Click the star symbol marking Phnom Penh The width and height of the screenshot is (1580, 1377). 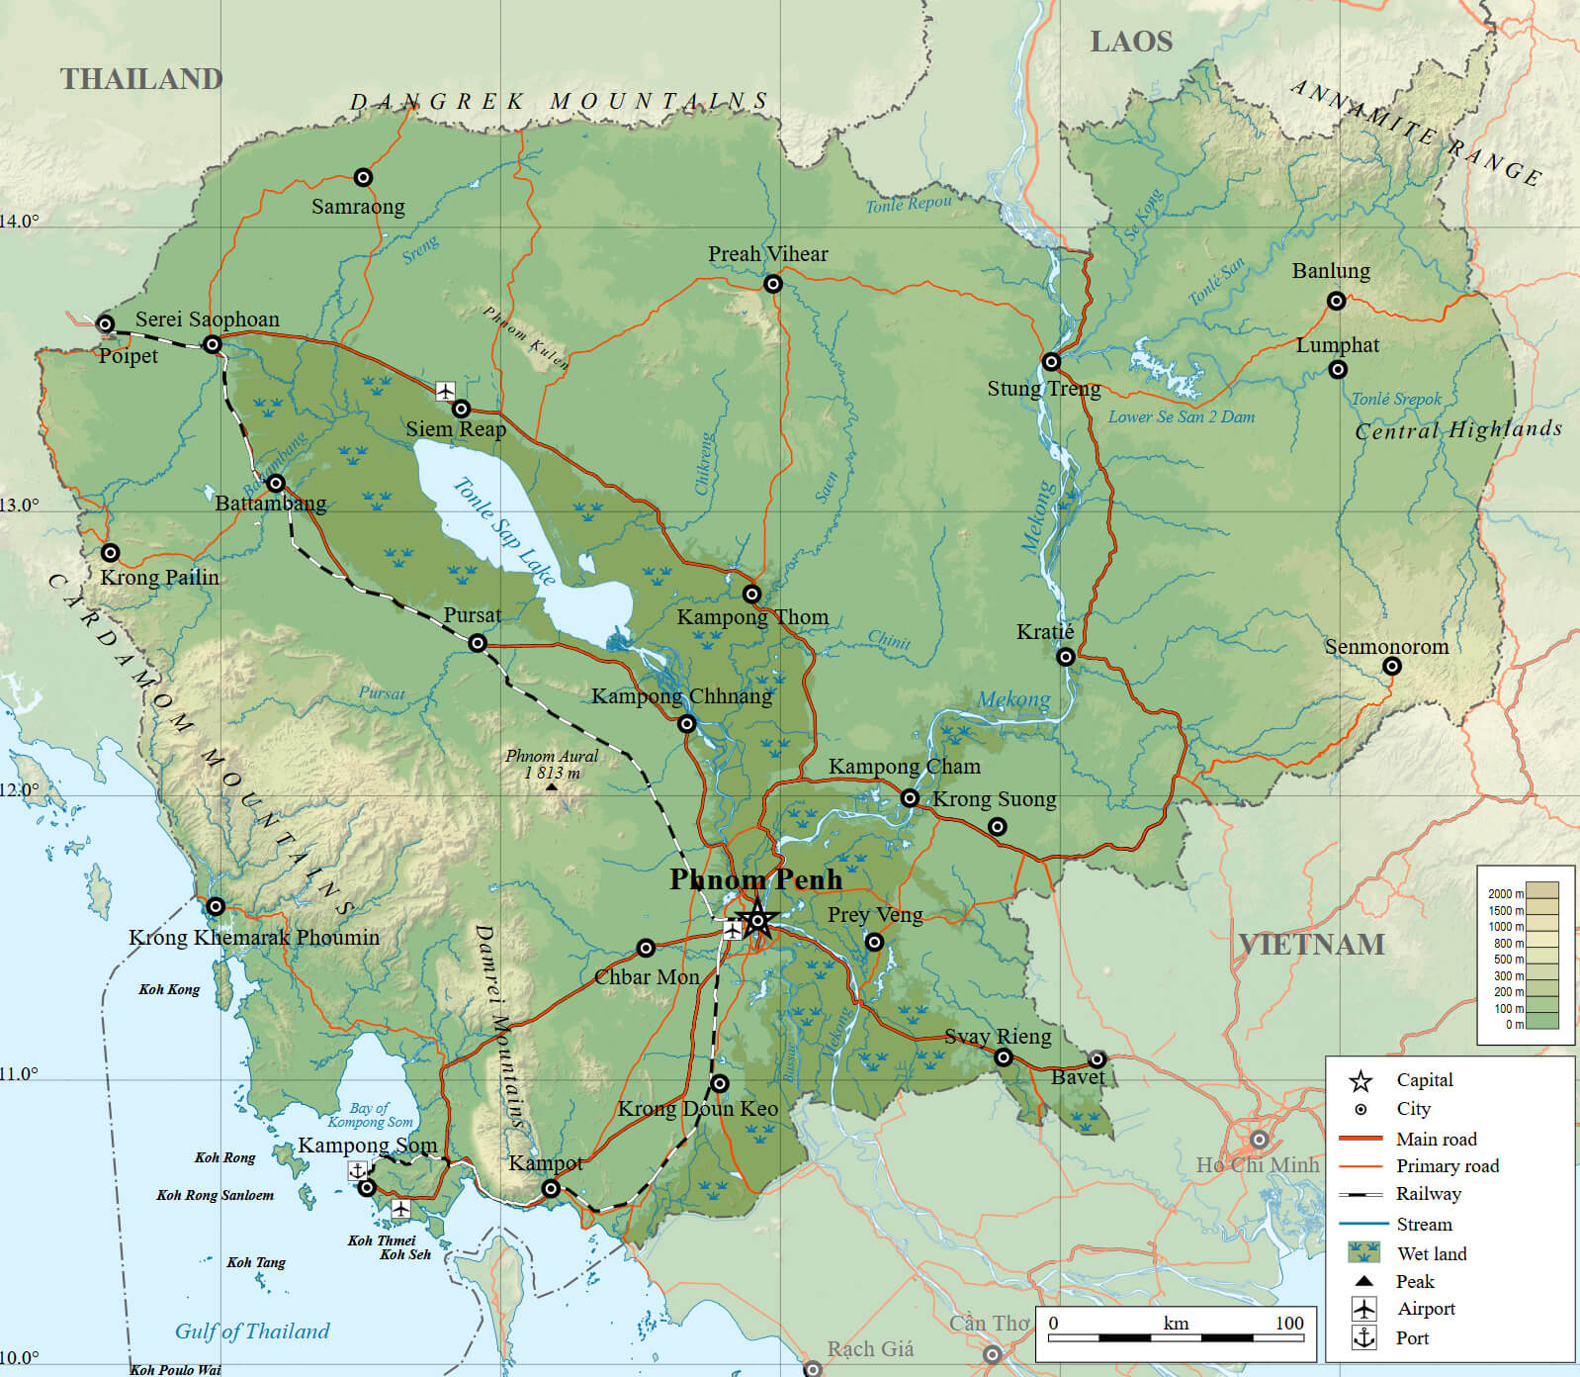757,920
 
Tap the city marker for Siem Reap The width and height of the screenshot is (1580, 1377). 461,409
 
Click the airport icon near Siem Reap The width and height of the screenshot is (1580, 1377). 446,390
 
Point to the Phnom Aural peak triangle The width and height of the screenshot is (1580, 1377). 552,787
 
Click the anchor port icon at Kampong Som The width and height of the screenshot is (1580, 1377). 357,1170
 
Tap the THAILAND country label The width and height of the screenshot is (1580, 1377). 141,79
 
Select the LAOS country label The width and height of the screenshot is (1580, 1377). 1131,42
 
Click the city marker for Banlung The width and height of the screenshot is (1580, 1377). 1336,301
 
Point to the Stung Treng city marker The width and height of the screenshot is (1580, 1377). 1051,362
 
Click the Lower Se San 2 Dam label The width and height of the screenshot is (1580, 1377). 1181,417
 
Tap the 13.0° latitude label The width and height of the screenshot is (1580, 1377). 20,505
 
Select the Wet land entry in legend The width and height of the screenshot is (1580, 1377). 1431,1253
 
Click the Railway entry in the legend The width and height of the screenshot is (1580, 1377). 1428,1194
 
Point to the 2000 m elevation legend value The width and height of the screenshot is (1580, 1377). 1506,893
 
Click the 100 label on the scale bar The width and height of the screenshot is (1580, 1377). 1288,1324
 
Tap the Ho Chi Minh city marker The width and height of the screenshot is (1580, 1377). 1259,1140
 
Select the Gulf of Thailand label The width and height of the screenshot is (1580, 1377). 252,1331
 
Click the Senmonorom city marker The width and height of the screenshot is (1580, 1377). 1391,667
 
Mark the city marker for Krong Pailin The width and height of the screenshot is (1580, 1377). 111,553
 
